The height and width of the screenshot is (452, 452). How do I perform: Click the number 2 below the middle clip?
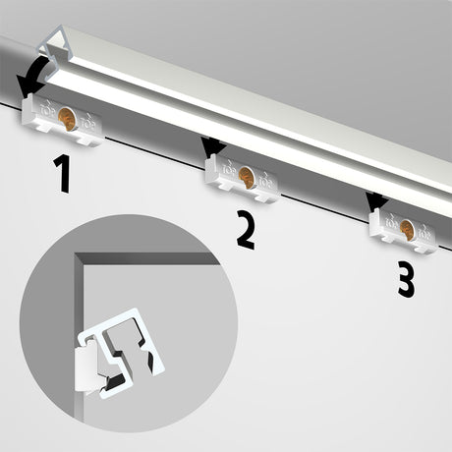click(x=245, y=229)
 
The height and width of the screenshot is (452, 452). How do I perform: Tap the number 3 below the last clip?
click(x=405, y=280)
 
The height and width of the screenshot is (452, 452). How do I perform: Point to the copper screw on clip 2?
click(x=246, y=178)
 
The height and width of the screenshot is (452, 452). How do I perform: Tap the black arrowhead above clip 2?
click(x=210, y=147)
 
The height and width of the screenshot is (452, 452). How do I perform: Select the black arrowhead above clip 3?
click(x=374, y=201)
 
